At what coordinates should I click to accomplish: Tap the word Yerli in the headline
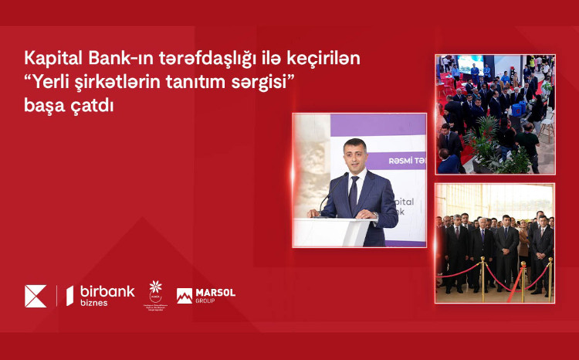(x=51, y=83)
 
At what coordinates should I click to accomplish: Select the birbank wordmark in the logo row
(x=107, y=290)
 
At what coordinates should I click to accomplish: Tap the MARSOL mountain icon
(x=185, y=295)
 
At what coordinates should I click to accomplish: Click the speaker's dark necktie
(x=354, y=195)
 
